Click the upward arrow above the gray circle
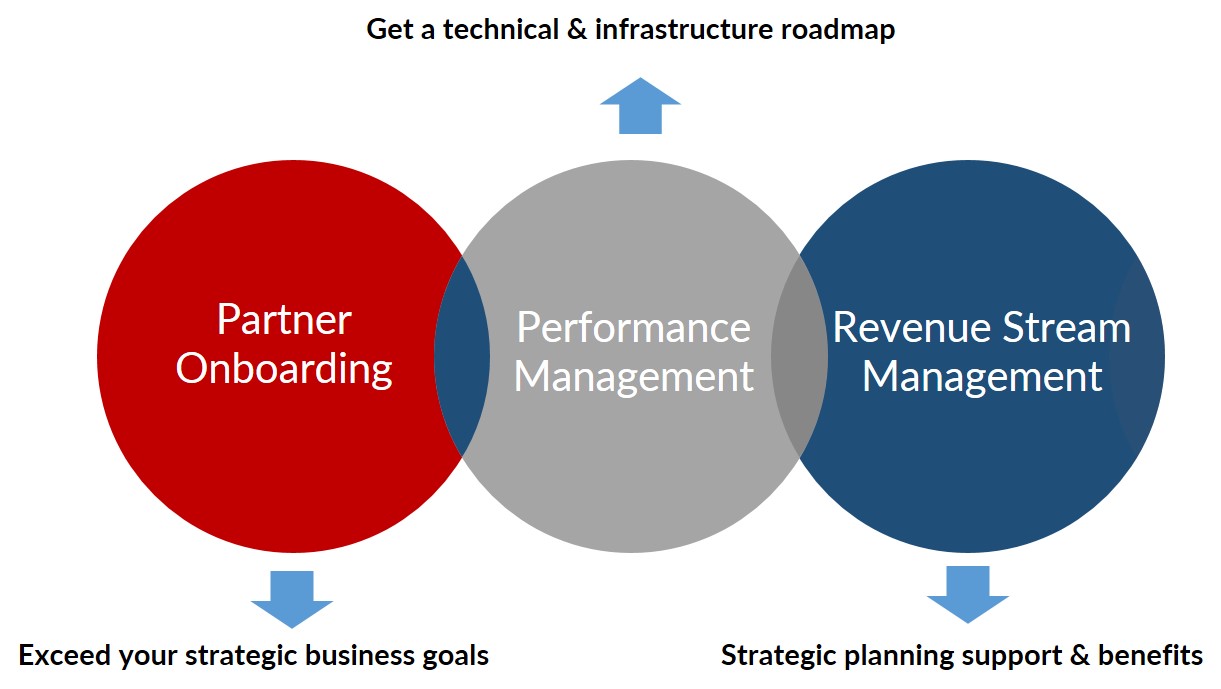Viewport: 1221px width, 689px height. coord(640,106)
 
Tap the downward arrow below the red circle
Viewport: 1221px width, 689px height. coord(292,600)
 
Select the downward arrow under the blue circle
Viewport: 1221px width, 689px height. coord(968,595)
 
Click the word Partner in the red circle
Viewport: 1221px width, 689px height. coord(284,319)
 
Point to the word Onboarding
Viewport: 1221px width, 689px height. coord(284,369)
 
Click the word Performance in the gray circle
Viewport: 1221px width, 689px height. coord(633,328)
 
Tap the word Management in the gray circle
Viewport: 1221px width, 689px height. coord(633,377)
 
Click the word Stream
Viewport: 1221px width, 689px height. coord(1067,328)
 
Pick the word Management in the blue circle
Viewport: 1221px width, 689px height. coord(982,377)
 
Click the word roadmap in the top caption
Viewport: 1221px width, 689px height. coord(838,29)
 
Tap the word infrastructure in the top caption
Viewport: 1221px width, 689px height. coord(684,29)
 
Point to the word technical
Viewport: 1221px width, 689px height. coord(501,29)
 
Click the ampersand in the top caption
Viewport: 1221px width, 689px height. coord(577,29)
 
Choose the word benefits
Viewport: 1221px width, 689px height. coord(1150,655)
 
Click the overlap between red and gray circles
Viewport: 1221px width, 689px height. coord(462,355)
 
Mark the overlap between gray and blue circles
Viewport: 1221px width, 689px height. coord(799,355)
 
